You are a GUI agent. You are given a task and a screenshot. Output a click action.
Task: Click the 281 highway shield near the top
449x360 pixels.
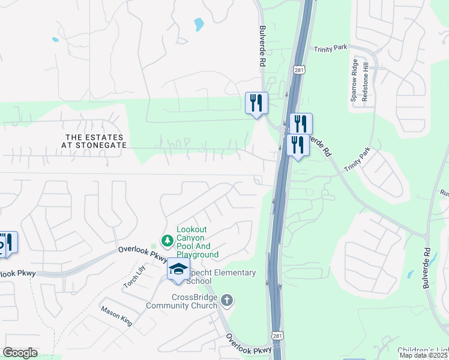coord(298,70)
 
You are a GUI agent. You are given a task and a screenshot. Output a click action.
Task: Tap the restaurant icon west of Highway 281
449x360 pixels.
coord(256,103)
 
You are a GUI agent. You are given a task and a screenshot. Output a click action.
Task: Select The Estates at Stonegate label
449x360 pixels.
coord(96,141)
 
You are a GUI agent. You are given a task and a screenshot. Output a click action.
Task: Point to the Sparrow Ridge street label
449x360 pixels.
coord(355,80)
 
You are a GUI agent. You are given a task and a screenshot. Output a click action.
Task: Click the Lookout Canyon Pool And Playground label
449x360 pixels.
coord(197,242)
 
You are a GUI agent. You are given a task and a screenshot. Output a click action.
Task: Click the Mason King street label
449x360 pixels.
coord(116,316)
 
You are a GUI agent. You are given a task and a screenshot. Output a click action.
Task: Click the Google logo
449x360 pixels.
coord(20,353)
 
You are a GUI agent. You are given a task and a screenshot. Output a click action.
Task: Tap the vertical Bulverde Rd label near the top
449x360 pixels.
coord(262,46)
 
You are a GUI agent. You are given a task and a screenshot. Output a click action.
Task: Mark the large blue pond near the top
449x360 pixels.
coord(199,25)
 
